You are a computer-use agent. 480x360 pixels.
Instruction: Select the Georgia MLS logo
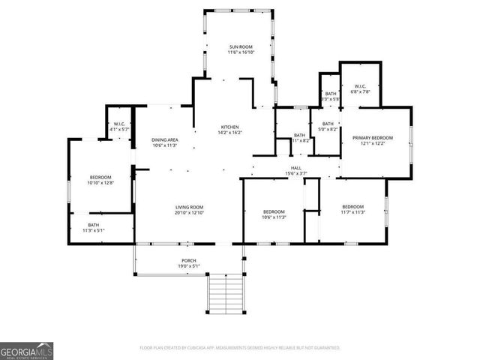pos(26,351)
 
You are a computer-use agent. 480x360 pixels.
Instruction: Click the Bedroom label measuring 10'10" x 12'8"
pos(100,178)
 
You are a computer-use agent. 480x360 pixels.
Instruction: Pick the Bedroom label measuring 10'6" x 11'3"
pos(274,212)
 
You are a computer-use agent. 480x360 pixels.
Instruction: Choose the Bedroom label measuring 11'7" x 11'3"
pos(353,207)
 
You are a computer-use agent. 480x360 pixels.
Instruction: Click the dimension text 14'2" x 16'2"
pos(229,133)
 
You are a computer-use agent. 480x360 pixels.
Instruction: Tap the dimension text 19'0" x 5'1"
pos(188,265)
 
